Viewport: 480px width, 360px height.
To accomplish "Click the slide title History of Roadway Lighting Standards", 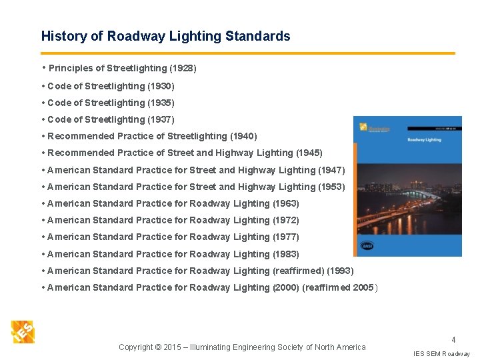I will pyautogui.click(x=165, y=36).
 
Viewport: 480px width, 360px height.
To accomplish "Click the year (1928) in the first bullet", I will pyautogui.click(x=183, y=68).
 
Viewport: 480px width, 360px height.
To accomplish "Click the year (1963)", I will pyautogui.click(x=286, y=203).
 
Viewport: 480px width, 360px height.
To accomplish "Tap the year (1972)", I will pyautogui.click(x=286, y=220).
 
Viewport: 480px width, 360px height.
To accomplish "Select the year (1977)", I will pyautogui.click(x=286, y=237).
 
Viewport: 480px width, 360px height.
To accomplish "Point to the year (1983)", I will pyautogui.click(x=286, y=254).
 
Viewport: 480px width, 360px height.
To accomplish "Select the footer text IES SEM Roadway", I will pyautogui.click(x=441, y=353).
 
